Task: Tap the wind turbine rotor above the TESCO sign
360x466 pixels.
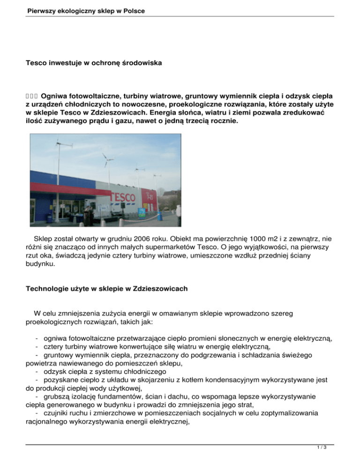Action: point(107,160)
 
